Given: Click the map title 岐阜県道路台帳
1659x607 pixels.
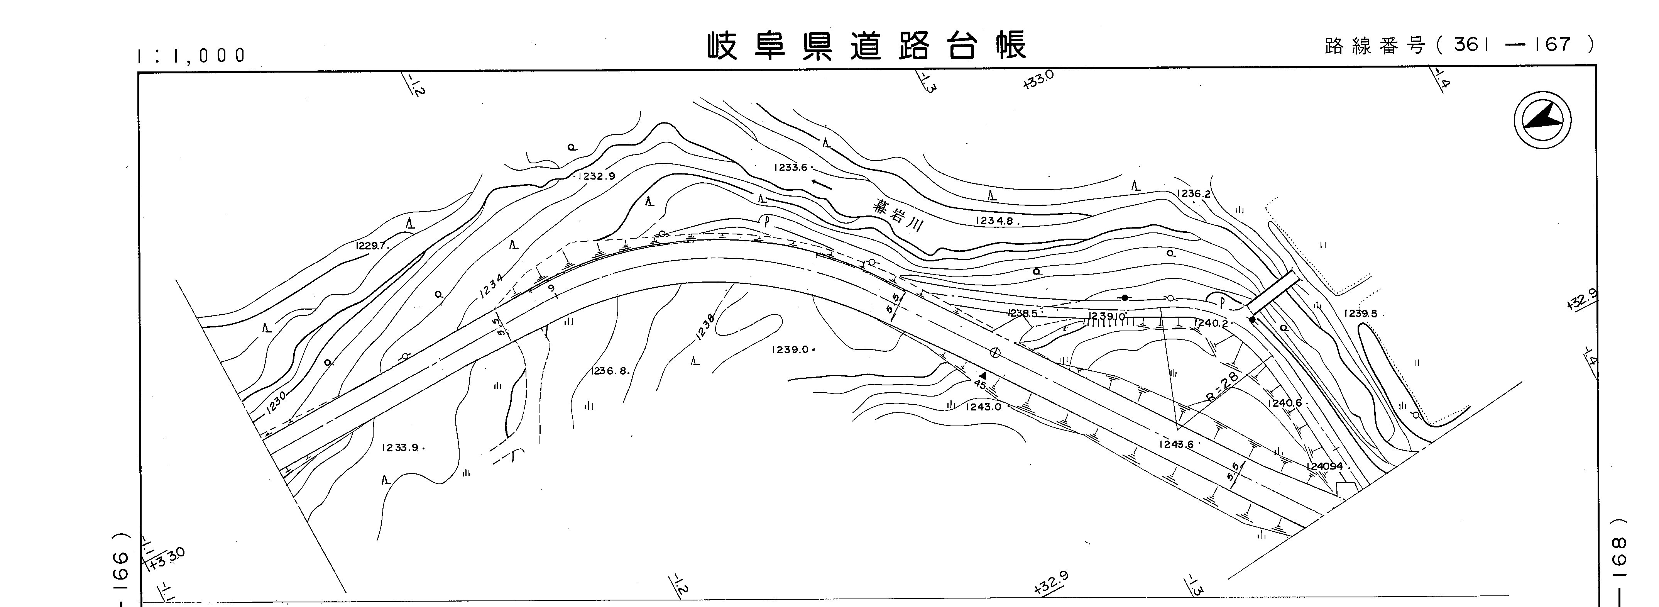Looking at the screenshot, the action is (x=867, y=46).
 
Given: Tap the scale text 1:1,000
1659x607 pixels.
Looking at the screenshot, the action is (x=192, y=56).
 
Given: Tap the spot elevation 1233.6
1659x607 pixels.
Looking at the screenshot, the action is (x=791, y=168).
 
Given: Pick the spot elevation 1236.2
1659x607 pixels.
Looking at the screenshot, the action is (x=1193, y=194).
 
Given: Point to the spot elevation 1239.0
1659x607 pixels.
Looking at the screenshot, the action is (x=790, y=350).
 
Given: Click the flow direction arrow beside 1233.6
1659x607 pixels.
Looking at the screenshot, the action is (x=821, y=184).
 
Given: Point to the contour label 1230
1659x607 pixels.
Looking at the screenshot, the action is (x=276, y=403).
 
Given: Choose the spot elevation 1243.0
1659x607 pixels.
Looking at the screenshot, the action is (x=983, y=407).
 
